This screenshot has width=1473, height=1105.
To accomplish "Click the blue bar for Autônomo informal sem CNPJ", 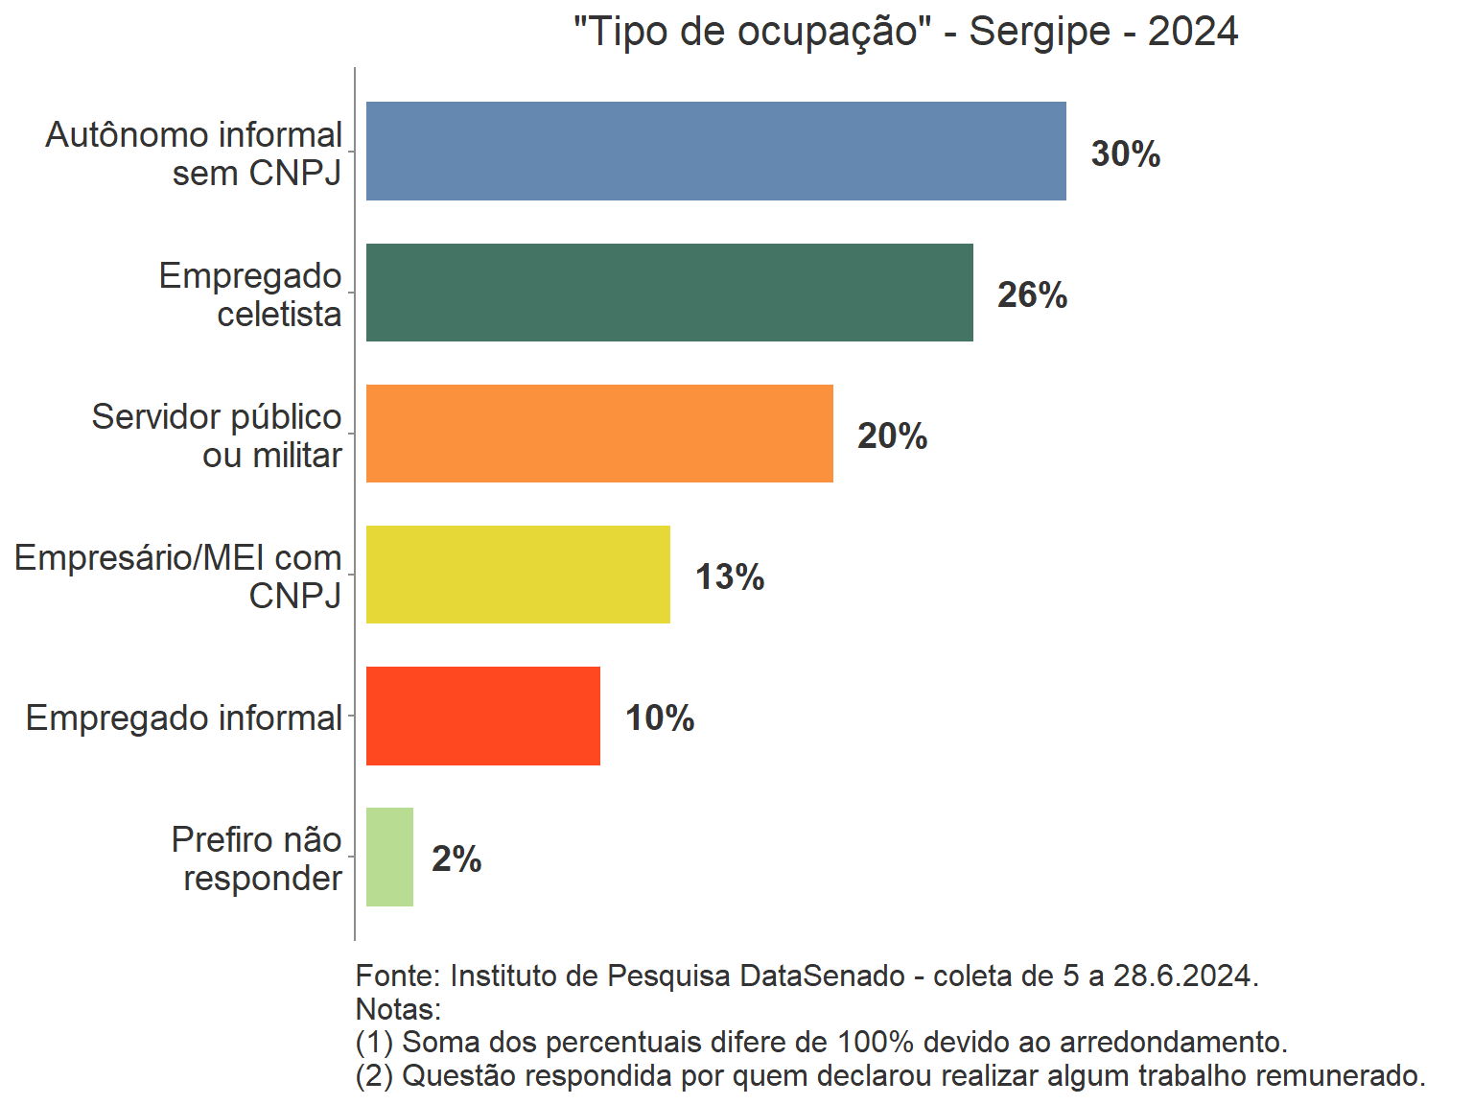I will coord(715,152).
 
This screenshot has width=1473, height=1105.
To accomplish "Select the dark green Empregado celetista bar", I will coord(669,293).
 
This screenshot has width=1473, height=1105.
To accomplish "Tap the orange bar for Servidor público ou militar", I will coord(599,434).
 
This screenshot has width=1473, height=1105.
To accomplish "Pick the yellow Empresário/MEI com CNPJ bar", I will coord(518,575).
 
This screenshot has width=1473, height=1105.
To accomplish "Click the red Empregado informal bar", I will coord(483,716).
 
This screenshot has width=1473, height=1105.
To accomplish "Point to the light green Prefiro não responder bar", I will coord(389,857).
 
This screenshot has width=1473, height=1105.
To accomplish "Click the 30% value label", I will coord(1126,153).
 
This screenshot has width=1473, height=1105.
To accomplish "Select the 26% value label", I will coord(1032,294).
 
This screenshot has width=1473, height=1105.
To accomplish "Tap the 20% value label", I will coord(892,435).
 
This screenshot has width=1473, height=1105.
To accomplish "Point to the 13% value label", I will coord(730,576).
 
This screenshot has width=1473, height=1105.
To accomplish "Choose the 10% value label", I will coord(660,717).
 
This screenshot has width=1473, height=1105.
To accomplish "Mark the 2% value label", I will coord(456,858).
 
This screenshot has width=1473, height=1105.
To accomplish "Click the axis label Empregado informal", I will coord(184,717).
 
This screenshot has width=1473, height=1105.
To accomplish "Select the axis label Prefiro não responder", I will coord(257,858).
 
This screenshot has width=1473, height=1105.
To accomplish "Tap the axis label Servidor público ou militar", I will coord(217,435).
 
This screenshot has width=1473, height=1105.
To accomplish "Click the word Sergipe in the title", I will coord(1040,32).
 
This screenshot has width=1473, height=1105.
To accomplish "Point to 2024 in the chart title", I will coord(1193,32).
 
